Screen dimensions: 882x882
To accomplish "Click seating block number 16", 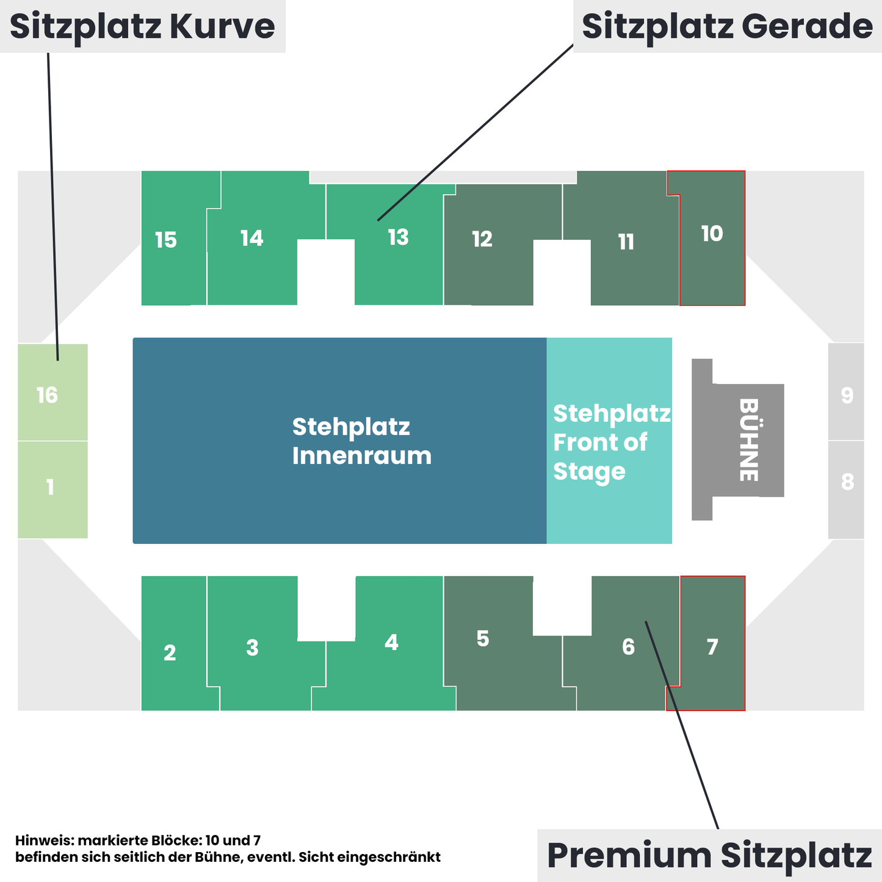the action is point(52,392).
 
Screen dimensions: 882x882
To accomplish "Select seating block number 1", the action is point(52,490).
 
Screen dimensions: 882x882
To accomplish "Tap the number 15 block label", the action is point(165,240).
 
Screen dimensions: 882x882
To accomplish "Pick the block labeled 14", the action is point(251,238).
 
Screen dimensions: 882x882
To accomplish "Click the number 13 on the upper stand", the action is point(398,237).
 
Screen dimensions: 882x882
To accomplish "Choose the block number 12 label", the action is point(482,239).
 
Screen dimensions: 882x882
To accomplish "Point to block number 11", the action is point(626,242).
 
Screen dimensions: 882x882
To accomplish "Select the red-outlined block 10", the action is point(712,238).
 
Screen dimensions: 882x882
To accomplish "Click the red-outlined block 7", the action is point(712,643).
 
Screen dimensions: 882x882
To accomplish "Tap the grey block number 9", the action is point(846,392).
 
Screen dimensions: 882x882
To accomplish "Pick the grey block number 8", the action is point(846,490).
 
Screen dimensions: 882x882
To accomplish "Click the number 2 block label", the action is point(170,652).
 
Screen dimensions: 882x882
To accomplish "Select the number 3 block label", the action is point(252,648).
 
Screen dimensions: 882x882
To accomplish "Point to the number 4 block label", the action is point(391,643).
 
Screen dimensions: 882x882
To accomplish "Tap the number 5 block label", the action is point(483,638).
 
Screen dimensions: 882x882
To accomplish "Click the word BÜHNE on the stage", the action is point(750,439).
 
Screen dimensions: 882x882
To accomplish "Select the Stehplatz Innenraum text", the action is point(361,441).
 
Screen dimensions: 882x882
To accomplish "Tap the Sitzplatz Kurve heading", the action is point(142,26).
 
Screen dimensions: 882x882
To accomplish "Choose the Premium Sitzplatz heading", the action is point(709,855).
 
